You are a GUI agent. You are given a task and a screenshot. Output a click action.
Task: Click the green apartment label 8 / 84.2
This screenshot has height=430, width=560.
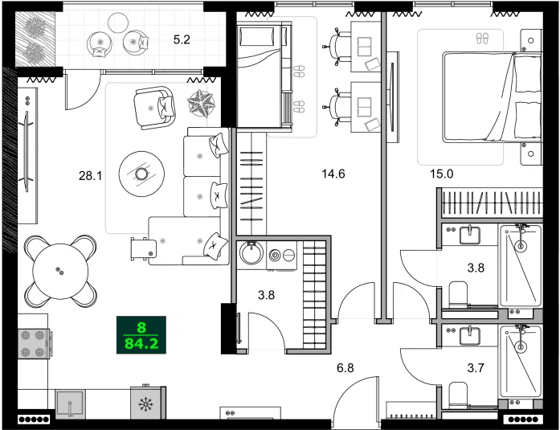click(x=141, y=336)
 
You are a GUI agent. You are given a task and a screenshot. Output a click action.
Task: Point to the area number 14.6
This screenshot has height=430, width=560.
click(x=333, y=174)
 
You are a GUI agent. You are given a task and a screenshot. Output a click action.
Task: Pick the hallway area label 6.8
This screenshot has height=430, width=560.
click(x=345, y=368)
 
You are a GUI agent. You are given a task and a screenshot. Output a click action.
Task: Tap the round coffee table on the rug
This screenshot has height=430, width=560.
click(x=141, y=173)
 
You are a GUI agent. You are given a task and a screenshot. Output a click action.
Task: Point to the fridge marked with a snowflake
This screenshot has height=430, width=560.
click(x=147, y=403)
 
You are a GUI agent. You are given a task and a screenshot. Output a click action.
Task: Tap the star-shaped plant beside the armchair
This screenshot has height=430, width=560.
click(x=202, y=102)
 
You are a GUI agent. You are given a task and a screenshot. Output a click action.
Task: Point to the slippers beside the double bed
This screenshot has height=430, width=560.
click(x=482, y=38)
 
